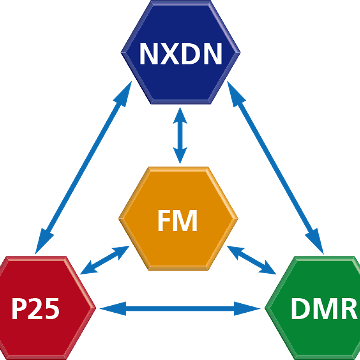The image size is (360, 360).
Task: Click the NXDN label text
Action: (181, 54)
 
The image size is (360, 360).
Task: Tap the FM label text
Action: (177, 221)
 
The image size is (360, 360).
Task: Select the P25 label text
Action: (36, 309)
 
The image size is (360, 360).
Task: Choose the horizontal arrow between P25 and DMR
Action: (180, 309)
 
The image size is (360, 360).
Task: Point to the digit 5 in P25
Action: (51, 309)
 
